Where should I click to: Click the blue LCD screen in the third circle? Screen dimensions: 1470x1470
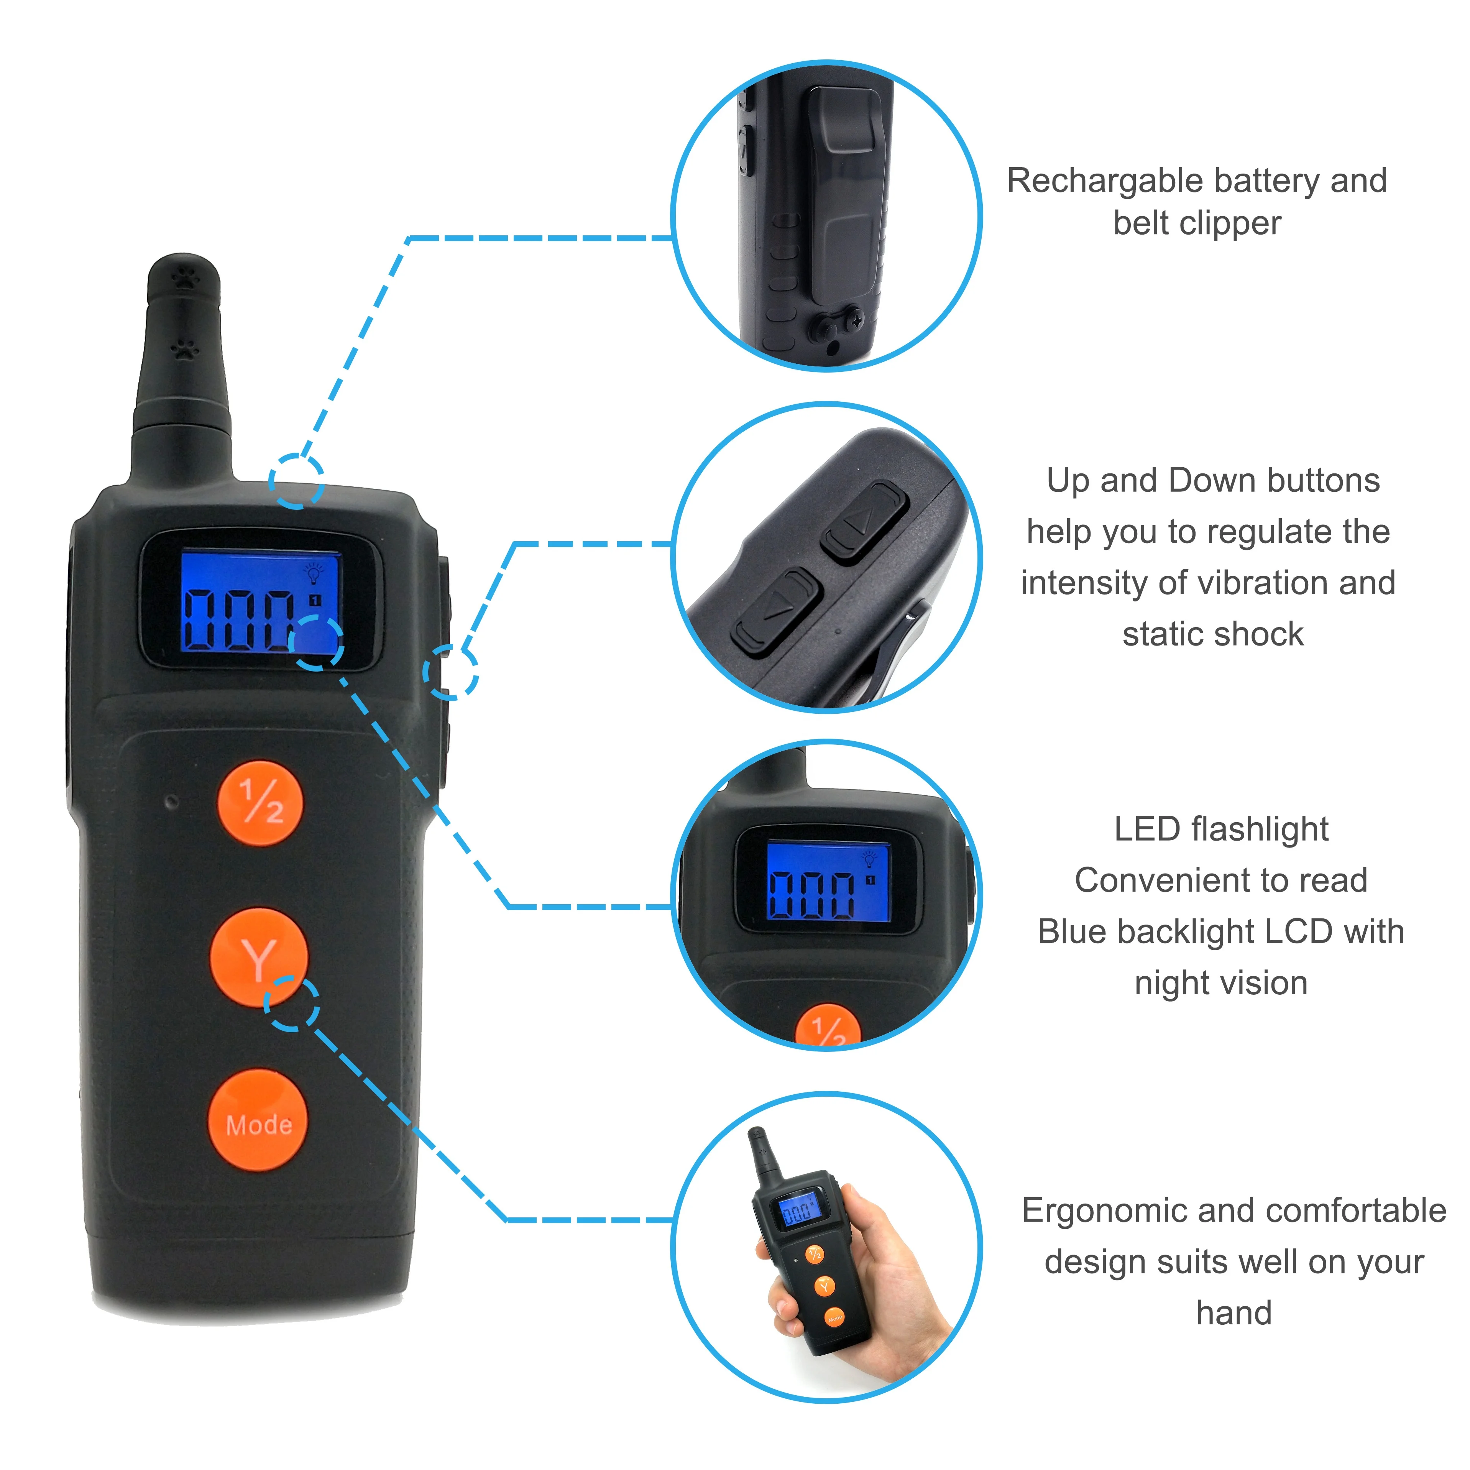coord(828,881)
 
